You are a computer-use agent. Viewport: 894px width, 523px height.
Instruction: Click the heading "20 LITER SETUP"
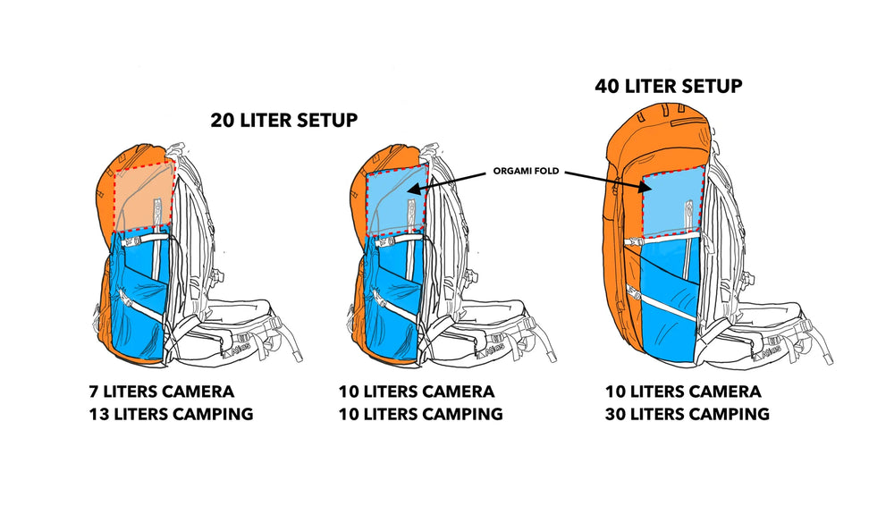(285, 121)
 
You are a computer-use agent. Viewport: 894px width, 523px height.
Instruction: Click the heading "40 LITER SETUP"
(669, 87)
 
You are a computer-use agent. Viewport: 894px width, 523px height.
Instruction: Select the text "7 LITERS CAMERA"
(162, 392)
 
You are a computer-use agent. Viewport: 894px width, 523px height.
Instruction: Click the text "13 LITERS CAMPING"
(170, 414)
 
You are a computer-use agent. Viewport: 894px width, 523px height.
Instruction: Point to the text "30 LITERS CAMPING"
(685, 414)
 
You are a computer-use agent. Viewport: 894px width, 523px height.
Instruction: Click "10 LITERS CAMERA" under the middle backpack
(416, 392)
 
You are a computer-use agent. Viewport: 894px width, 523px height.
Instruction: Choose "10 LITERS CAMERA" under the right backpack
(683, 392)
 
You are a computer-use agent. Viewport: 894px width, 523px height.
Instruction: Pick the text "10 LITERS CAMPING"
(420, 414)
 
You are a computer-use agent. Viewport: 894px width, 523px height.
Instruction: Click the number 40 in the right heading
(609, 87)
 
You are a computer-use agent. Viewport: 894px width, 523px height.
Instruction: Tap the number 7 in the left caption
(93, 392)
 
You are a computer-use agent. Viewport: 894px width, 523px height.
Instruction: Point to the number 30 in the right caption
(615, 414)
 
